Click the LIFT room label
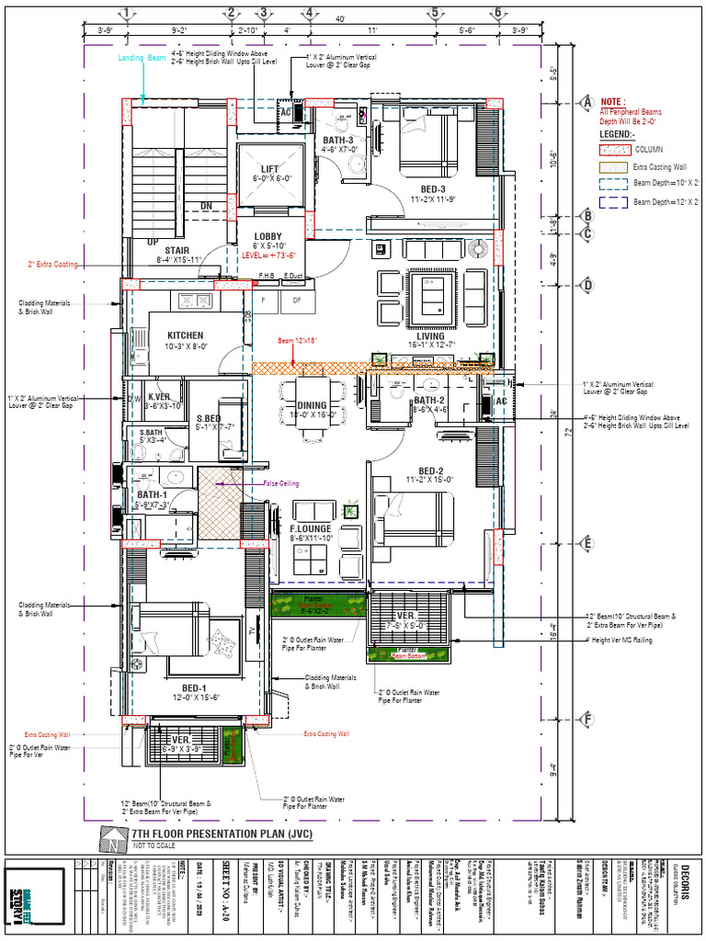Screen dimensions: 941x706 (x=269, y=169)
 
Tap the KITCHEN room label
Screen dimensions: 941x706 (x=185, y=335)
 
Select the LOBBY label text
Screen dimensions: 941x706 (x=268, y=236)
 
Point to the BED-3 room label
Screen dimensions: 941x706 (x=427, y=190)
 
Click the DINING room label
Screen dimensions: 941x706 (x=312, y=405)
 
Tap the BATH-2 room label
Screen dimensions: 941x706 (x=429, y=401)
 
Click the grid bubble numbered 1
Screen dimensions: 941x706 (x=127, y=13)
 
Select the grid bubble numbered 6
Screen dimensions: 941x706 (x=497, y=13)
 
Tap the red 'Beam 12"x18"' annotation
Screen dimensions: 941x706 (x=298, y=341)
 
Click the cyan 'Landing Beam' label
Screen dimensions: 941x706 (x=142, y=58)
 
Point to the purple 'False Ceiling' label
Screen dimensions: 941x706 (x=281, y=482)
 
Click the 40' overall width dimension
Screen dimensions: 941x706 (x=340, y=19)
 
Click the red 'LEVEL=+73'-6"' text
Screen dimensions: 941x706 (x=268, y=255)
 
